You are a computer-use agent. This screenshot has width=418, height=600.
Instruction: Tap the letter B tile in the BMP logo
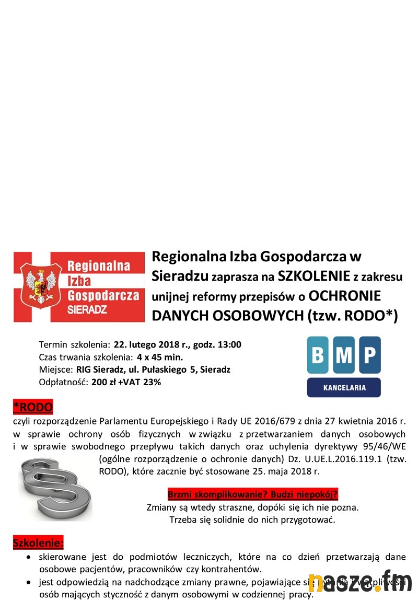point(318,355)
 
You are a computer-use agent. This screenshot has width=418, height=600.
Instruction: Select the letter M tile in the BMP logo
point(344,355)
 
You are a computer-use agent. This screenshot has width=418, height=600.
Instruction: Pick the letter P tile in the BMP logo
point(370,355)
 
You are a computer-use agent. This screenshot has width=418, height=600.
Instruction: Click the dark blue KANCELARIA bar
point(344,388)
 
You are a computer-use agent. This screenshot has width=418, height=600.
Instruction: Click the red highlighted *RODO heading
point(33,407)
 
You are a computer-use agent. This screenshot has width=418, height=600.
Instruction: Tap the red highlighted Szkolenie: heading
point(38,543)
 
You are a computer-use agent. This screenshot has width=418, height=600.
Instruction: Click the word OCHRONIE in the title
point(345,296)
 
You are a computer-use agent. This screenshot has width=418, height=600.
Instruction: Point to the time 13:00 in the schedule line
point(229,344)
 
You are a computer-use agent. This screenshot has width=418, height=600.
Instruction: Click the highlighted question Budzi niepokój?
point(305,494)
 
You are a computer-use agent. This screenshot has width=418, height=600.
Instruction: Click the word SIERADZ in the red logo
point(87,310)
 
